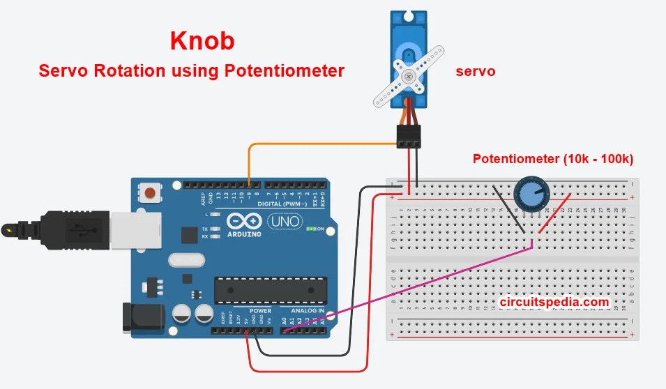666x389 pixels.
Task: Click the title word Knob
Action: coord(202,40)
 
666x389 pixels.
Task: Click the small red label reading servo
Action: coord(476,71)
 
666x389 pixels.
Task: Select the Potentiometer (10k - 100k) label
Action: coord(552,159)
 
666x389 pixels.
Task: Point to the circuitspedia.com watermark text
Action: coord(555,302)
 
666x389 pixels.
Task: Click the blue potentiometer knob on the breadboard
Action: coord(531,194)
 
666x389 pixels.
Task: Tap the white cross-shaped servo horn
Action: coord(408,76)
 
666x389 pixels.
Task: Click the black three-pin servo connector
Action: coord(409,136)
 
